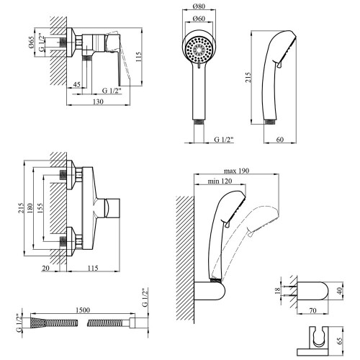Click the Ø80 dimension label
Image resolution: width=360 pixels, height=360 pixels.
pos(199,6)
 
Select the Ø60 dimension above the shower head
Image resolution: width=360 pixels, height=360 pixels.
pos(199,18)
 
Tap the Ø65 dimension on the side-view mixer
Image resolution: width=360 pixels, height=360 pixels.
pos(31,42)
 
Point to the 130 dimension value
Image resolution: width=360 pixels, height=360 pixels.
pos(98,102)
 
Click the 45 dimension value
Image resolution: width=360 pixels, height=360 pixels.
pos(76,84)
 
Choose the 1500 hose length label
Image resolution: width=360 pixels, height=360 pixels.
pos(83,310)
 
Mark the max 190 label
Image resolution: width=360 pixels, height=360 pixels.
pos(236,171)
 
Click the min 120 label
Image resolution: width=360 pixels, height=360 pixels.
pos(220,181)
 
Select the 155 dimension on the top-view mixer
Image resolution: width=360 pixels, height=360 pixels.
pos(40,208)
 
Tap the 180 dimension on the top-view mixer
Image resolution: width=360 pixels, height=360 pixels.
pos(30,208)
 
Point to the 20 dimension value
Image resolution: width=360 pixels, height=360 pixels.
pos(45,268)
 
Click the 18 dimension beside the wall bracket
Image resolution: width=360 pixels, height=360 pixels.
pos(277,291)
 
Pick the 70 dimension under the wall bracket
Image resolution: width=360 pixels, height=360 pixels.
pos(312,310)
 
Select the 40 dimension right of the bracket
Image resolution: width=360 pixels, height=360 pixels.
pos(339,291)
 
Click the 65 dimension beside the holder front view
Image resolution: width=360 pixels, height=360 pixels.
pos(340,341)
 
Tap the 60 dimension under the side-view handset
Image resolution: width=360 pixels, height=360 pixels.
pos(280,139)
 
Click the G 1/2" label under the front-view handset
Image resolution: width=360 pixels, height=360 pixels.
pos(224,139)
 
